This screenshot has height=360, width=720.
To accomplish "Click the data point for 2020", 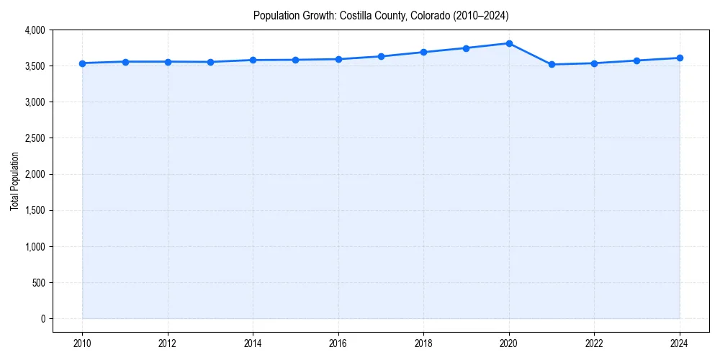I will [x=509, y=43].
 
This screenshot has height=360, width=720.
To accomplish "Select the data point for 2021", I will [x=552, y=65].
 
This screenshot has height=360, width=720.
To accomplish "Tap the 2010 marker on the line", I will [x=82, y=63].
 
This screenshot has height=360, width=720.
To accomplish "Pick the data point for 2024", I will [x=680, y=58].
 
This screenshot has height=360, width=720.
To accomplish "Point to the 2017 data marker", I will [x=381, y=56].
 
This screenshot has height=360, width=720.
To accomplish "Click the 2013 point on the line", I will [x=210, y=62].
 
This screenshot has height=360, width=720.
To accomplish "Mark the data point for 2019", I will [x=467, y=48].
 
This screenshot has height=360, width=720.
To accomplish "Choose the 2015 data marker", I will [x=296, y=60].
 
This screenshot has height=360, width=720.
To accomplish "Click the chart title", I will [x=381, y=15].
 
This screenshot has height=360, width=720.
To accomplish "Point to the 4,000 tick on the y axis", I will [x=34, y=30].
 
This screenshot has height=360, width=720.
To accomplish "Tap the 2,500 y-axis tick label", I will [x=34, y=138].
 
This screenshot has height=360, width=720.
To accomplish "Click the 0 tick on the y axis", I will [x=42, y=318].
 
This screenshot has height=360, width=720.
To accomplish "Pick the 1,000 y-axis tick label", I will [x=34, y=246].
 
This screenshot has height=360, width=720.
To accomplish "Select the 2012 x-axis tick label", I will [x=168, y=343].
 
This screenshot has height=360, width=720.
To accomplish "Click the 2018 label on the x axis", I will [x=423, y=343].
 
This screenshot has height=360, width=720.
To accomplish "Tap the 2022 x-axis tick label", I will [x=594, y=343].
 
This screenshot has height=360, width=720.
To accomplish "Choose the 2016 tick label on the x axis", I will [x=338, y=343].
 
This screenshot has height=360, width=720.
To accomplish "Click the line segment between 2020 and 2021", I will [x=531, y=54].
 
